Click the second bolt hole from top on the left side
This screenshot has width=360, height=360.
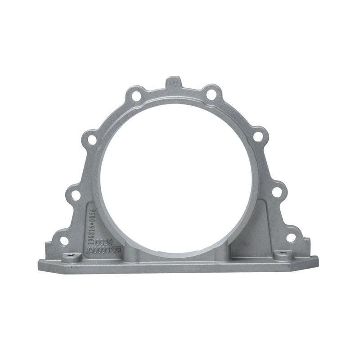pos(92,139)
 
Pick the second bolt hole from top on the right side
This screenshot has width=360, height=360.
pos(258,136)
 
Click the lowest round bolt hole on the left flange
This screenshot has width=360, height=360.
pos(64,241)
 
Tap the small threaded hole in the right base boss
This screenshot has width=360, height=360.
pos(283,254)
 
